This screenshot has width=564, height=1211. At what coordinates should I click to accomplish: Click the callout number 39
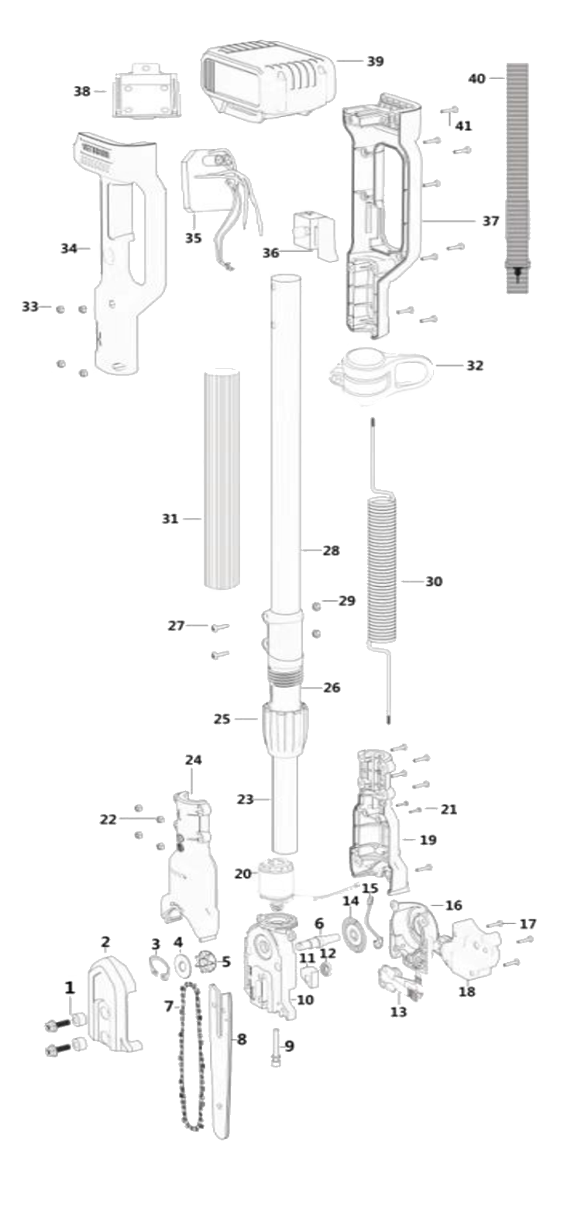[x=375, y=61]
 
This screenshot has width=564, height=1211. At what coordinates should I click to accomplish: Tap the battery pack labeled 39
[x=268, y=84]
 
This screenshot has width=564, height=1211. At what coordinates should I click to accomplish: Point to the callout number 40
[x=476, y=78]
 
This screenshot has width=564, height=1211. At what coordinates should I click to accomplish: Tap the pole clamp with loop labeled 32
[x=381, y=374]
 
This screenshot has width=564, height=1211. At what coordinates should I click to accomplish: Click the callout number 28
[x=331, y=550]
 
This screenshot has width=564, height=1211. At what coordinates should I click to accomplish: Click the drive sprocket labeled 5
[x=204, y=962]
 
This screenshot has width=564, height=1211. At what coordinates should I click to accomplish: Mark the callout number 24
[x=194, y=760]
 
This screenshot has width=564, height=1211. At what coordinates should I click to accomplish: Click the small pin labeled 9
[x=276, y=1046]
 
